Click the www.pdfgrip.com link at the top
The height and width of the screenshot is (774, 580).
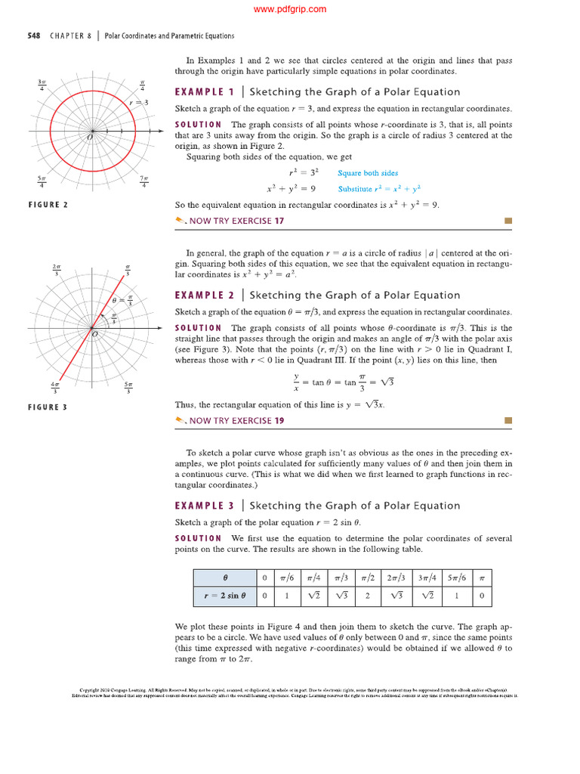click(290, 9)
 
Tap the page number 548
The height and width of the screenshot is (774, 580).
click(34, 36)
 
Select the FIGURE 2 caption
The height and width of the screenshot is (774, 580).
click(48, 204)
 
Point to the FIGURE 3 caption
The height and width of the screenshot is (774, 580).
click(48, 407)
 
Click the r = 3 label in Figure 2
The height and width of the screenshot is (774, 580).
click(138, 102)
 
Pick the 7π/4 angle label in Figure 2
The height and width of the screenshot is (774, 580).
click(143, 181)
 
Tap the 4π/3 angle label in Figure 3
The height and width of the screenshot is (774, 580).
click(56, 388)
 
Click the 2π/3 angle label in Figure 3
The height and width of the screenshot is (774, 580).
click(56, 268)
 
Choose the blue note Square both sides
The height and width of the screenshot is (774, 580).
click(368, 173)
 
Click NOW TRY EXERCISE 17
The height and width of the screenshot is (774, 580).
click(236, 221)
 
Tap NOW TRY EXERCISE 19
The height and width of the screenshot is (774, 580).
click(236, 420)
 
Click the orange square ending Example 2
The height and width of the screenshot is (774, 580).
click(508, 420)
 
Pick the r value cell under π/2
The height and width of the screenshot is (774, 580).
click(368, 596)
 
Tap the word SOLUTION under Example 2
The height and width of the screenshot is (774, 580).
click(198, 328)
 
